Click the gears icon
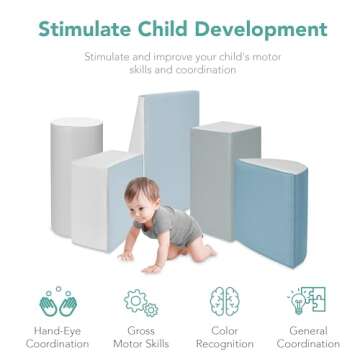pyautogui.click(x=139, y=301)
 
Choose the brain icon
pyautogui.click(x=222, y=301)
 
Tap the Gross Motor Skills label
pyautogui.click(x=139, y=337)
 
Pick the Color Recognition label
pyautogui.click(x=222, y=337)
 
